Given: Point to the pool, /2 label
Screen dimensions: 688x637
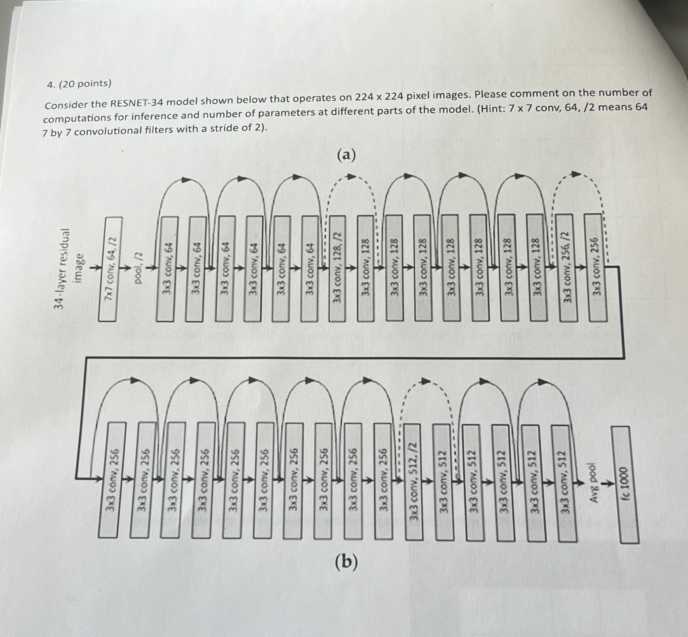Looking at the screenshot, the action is point(139,268).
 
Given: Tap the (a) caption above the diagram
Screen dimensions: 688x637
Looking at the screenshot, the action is point(346,156).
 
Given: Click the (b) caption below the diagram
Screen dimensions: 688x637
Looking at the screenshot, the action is point(346,562).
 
